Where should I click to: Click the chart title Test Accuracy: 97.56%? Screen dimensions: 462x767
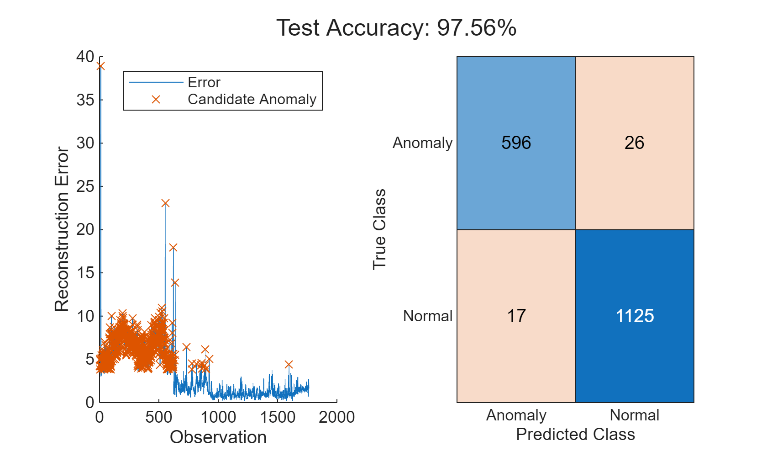click(396, 28)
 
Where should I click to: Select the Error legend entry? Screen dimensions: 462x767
click(204, 82)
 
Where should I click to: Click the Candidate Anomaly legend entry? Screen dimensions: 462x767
click(252, 99)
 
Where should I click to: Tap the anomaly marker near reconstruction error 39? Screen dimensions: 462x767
click(100, 66)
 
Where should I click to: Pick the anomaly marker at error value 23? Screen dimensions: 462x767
click(165, 203)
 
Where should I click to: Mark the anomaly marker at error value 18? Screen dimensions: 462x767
click(173, 248)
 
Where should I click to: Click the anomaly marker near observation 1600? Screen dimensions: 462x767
click(289, 365)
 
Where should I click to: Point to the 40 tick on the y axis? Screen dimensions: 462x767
click(85, 57)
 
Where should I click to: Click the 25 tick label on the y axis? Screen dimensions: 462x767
click(85, 186)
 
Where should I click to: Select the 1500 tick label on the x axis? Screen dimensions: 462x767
click(278, 417)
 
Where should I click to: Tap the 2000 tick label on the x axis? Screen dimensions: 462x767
click(336, 417)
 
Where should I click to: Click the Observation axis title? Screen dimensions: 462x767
click(218, 437)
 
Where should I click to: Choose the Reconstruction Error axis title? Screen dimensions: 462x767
click(62, 229)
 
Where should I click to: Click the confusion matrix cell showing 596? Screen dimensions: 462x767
click(516, 143)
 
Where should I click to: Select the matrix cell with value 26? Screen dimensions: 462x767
click(635, 143)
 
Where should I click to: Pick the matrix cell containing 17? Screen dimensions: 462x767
click(516, 316)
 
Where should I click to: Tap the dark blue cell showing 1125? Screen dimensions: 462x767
click(635, 316)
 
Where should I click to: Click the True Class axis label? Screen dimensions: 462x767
click(379, 229)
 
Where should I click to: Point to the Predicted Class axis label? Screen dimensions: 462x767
click(575, 434)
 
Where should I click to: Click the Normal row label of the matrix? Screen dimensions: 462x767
click(427, 316)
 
